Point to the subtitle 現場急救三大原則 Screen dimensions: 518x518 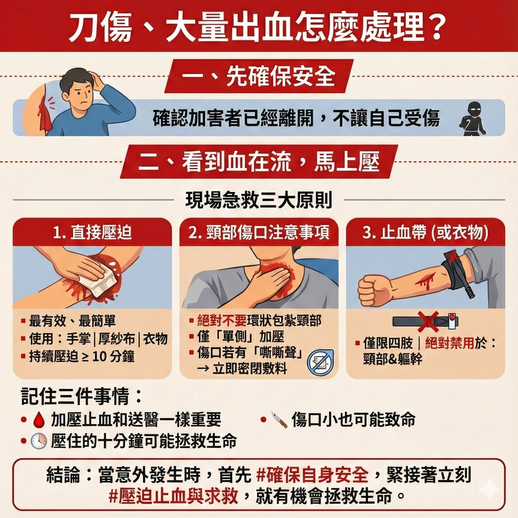pos(259,200)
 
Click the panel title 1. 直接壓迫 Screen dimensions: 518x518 pos(93,232)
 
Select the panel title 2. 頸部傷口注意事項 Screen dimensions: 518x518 pos(259,232)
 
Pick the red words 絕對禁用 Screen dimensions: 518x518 pos(450,343)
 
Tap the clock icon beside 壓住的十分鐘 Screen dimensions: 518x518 pos(39,441)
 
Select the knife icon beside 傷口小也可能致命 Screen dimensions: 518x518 pos(279,420)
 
